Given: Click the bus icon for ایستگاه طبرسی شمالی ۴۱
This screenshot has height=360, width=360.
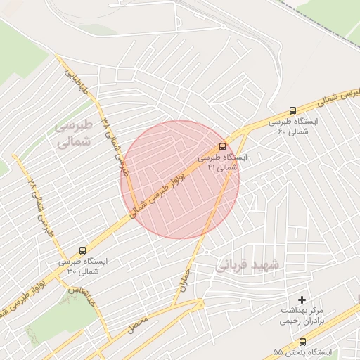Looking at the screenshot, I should coord(223,146).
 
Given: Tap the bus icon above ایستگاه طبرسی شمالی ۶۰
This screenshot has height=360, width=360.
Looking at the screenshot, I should coord(293,110).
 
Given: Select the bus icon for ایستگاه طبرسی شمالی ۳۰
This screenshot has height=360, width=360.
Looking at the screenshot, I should coord(83,250).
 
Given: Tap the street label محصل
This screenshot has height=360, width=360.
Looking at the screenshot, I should coord(137,324).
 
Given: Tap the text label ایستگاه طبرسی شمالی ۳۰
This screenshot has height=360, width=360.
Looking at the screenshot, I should coord(82,266).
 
